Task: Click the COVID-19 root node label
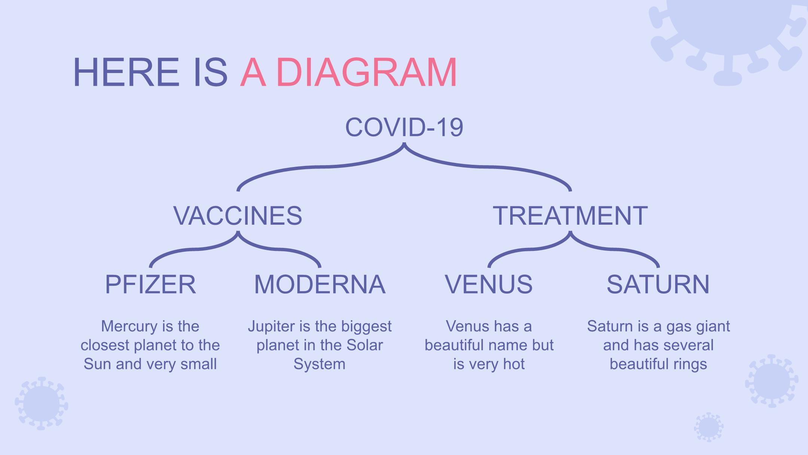pyautogui.click(x=404, y=127)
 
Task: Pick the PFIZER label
pyautogui.click(x=150, y=284)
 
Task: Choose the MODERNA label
pyautogui.click(x=320, y=284)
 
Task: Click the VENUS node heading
pyautogui.click(x=489, y=284)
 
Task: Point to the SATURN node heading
pyautogui.click(x=658, y=284)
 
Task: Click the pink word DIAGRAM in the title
pyautogui.click(x=367, y=72)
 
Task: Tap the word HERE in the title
pyautogui.click(x=126, y=72)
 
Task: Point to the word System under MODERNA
pyautogui.click(x=319, y=364)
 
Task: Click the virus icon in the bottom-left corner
pyautogui.click(x=42, y=403)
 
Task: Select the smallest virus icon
pyautogui.click(x=708, y=427)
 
